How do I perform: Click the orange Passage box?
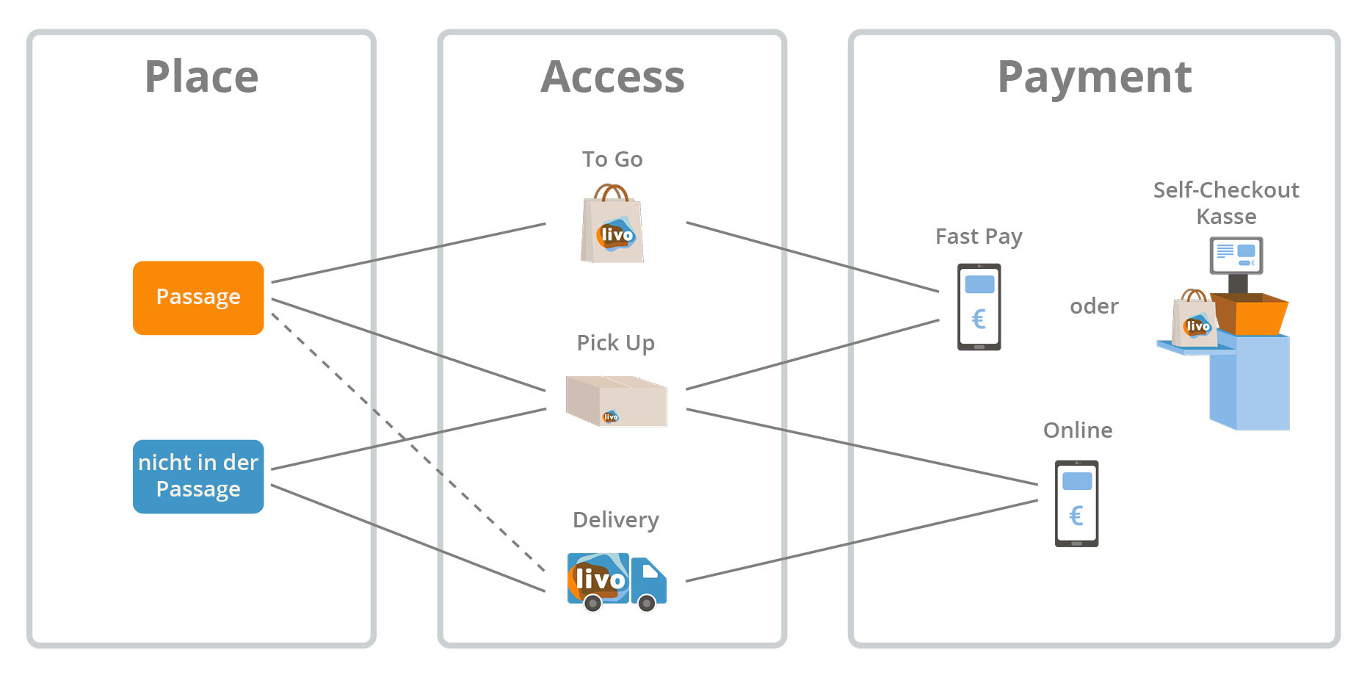[x=198, y=297]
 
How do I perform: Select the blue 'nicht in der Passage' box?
[x=198, y=476]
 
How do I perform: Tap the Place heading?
[x=202, y=76]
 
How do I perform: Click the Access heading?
[x=612, y=76]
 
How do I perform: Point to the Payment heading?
[x=1094, y=76]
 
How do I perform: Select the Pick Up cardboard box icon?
[x=617, y=400]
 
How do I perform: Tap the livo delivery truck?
[x=617, y=581]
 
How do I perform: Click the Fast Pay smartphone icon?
[x=979, y=306]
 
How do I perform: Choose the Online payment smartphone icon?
[x=1076, y=503]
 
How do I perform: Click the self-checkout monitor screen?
[x=1236, y=255]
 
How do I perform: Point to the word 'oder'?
[x=1094, y=306]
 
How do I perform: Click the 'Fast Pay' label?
[x=979, y=237]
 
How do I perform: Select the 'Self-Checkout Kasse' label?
[x=1226, y=203]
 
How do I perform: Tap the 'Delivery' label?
[x=616, y=520]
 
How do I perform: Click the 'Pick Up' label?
[x=615, y=343]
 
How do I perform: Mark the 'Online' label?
[x=1078, y=430]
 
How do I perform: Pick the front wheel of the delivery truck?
[x=647, y=604]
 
